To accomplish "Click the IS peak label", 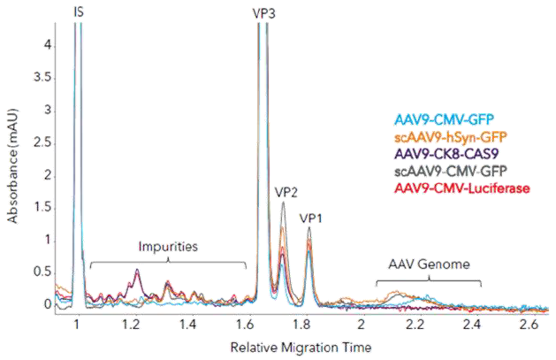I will [x=80, y=12].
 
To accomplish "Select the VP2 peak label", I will [x=286, y=190].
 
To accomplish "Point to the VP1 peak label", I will [x=310, y=216].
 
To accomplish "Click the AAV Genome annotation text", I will [x=428, y=264].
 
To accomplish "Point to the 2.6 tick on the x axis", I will [x=529, y=326].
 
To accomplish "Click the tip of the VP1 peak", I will [x=309, y=227].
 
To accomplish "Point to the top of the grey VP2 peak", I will [x=283, y=203].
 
